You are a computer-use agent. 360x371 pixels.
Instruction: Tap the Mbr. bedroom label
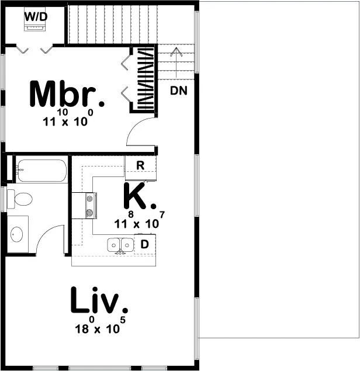click(67, 95)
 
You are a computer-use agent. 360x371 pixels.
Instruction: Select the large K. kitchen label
click(139, 197)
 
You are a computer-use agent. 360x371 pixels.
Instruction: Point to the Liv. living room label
click(99, 301)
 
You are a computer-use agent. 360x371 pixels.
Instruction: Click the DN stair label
click(179, 91)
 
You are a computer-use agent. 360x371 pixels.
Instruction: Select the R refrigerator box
click(141, 166)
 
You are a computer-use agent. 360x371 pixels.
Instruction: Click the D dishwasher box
click(144, 244)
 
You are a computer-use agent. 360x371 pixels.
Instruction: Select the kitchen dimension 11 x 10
click(137, 223)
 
